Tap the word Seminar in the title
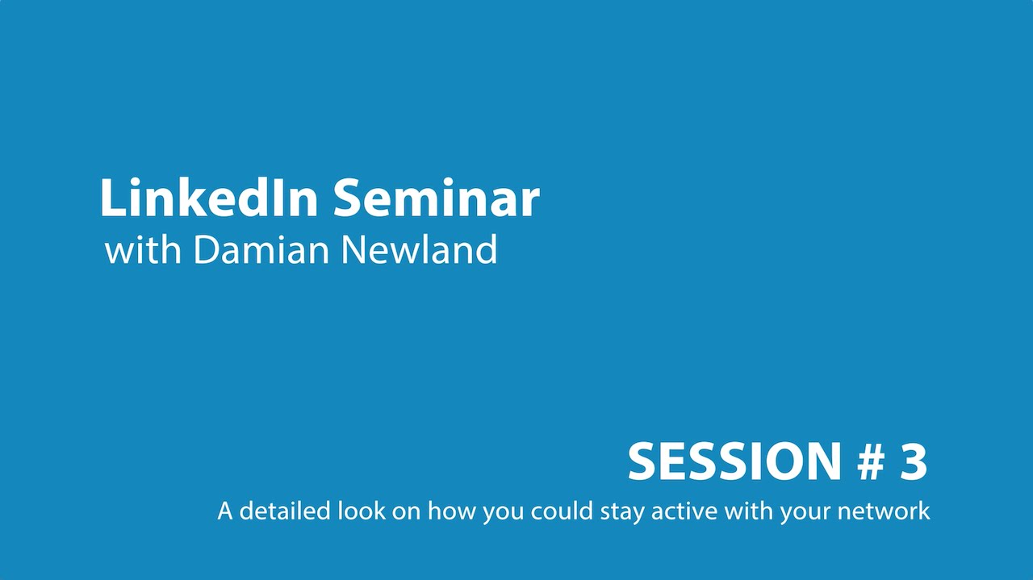(437, 198)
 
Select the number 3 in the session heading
(913, 462)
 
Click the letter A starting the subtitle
(225, 511)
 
